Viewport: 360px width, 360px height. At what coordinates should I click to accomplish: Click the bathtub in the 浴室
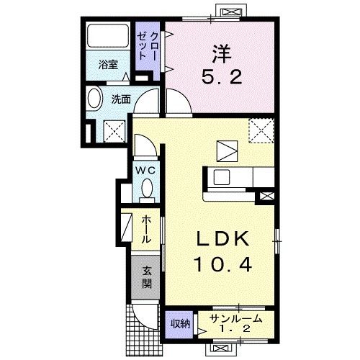tap(108, 35)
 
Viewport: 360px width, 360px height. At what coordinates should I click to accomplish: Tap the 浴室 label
tap(108, 65)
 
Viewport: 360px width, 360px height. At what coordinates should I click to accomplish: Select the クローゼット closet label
tap(147, 46)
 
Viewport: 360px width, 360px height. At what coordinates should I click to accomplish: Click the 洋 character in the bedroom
tap(221, 55)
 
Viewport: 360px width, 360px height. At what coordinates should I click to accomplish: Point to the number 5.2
tap(222, 77)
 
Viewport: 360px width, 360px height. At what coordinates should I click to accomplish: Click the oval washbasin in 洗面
tap(94, 99)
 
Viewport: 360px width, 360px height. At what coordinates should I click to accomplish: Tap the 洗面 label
tap(121, 99)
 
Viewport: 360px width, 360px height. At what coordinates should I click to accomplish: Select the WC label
tap(145, 171)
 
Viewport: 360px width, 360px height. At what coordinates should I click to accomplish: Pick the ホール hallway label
tap(146, 230)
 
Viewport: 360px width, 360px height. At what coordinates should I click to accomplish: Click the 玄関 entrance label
tap(146, 277)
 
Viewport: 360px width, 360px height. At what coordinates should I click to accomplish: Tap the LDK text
tap(222, 238)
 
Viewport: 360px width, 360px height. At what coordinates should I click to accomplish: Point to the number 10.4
tap(224, 264)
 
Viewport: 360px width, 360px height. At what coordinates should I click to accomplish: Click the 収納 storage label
tap(180, 324)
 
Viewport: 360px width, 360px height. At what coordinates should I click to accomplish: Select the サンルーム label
tap(235, 319)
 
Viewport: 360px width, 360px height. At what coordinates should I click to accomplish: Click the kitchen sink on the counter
tap(222, 177)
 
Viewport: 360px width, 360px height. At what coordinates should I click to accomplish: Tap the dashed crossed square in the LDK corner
tap(261, 130)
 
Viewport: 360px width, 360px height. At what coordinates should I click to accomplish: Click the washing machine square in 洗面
tap(114, 131)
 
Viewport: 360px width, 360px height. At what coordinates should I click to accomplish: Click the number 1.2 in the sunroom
tap(235, 329)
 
